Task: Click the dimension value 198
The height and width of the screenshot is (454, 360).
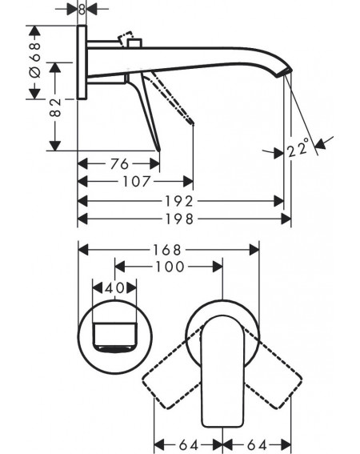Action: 179,219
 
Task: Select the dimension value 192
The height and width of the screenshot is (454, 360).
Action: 179,201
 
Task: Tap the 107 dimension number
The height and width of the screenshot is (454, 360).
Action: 137,182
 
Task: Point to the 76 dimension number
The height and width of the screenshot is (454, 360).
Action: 119,164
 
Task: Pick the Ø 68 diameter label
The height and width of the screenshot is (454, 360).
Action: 35,60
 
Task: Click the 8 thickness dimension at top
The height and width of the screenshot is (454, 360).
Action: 82,10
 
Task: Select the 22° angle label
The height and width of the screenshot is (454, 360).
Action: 298,147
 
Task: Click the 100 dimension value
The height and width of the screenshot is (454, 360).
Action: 170,267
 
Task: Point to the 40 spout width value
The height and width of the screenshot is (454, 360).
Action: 114,288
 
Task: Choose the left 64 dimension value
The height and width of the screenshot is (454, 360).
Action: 188,444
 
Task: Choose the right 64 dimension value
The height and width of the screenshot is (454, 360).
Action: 257,444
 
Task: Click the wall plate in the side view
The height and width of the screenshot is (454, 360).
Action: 82,62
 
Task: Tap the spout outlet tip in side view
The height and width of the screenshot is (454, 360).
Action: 283,73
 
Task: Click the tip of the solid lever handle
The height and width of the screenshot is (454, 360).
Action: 159,150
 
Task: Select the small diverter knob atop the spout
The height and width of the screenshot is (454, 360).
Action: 134,42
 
